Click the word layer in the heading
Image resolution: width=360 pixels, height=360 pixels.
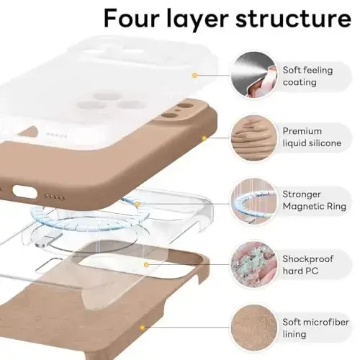[x=207, y=19]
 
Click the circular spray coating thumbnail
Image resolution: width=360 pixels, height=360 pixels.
[x=252, y=75]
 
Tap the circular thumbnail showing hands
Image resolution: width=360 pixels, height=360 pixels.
[x=252, y=138]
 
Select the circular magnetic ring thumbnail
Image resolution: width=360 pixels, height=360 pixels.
[x=252, y=201]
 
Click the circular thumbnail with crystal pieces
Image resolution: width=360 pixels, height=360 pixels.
[x=252, y=264]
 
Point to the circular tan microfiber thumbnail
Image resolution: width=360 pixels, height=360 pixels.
[x=252, y=326]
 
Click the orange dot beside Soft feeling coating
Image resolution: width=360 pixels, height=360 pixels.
[x=194, y=75]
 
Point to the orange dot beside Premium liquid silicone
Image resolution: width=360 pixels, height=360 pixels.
[x=204, y=137]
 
